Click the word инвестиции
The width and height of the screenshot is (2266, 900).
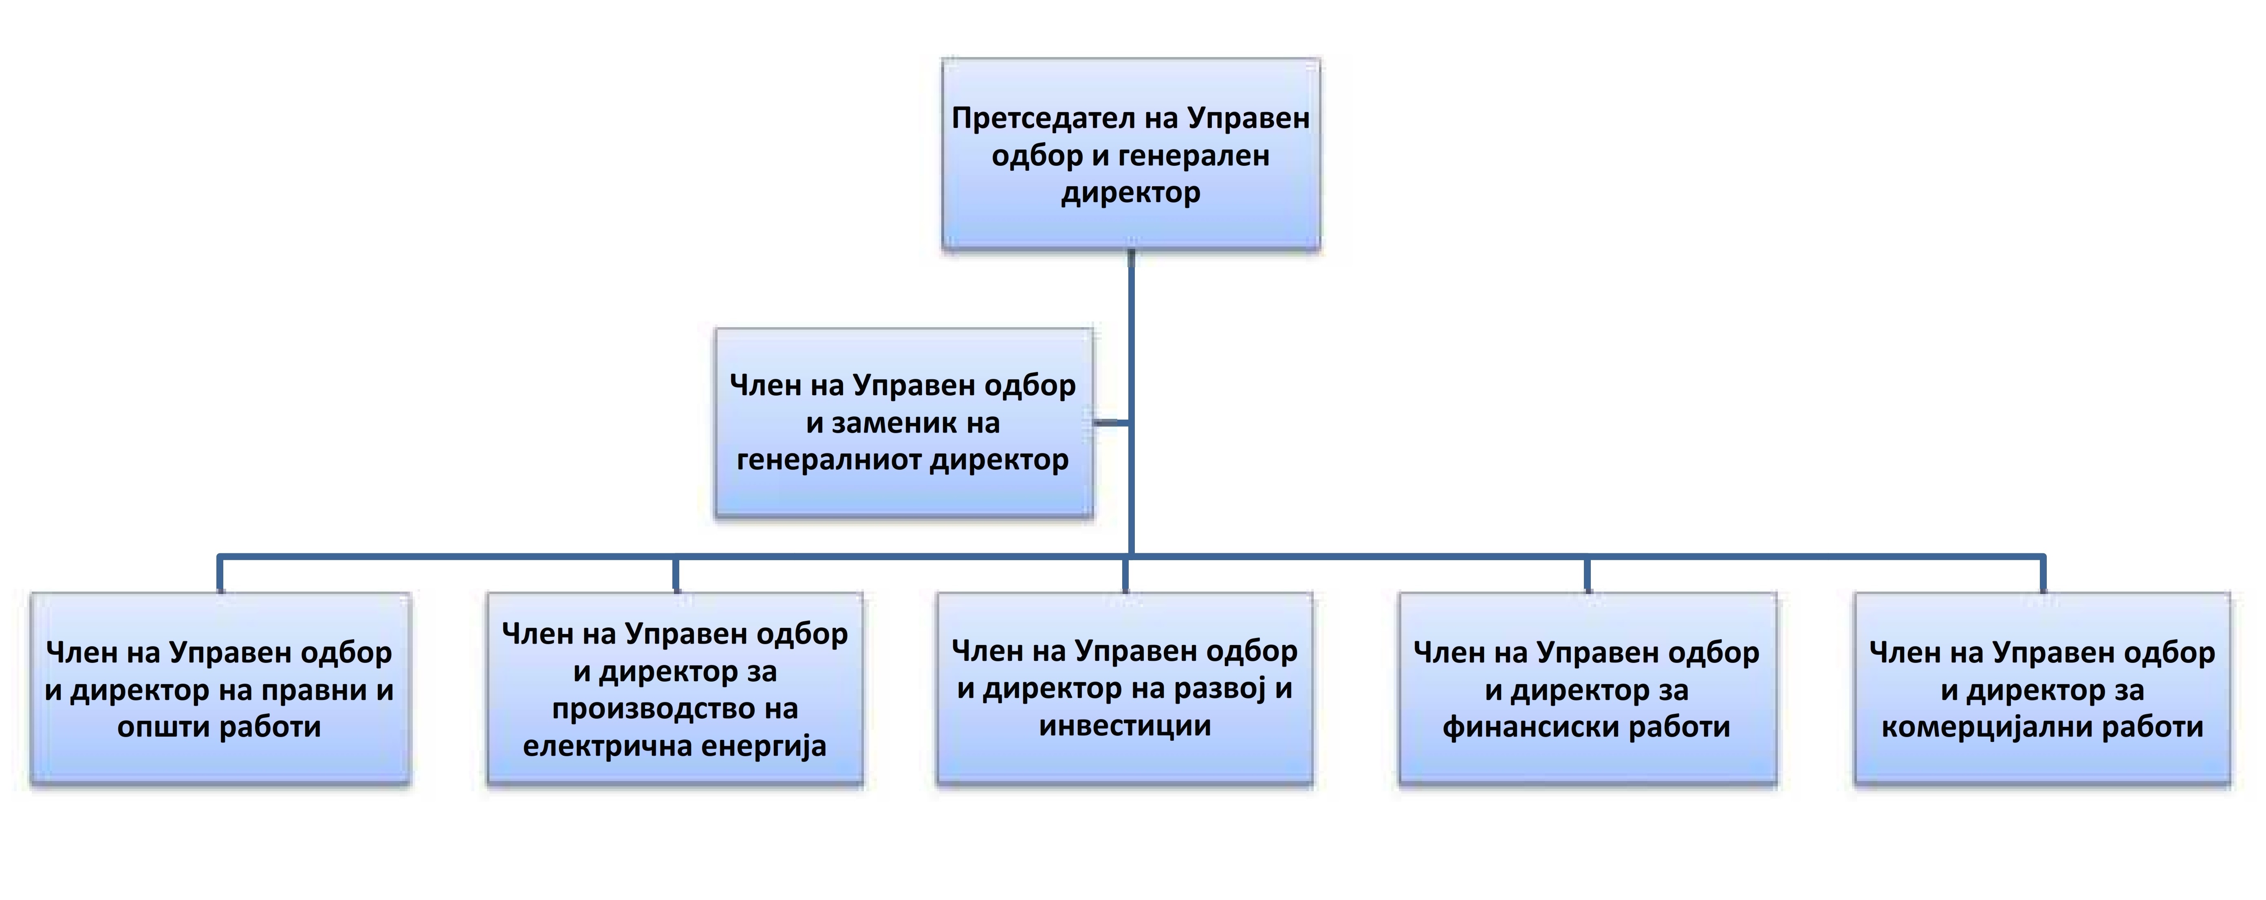[1125, 727]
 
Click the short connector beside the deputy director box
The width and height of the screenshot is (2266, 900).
[1113, 423]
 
